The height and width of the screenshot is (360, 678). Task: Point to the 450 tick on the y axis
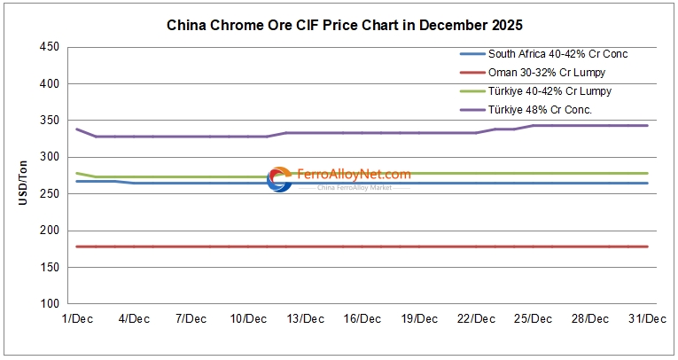pos(50,47)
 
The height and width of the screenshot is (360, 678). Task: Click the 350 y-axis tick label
pos(50,121)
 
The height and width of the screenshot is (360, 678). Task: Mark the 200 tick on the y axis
pos(50,231)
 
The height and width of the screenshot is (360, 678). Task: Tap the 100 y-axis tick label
pos(50,304)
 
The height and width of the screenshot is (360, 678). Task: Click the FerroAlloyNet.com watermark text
pos(354,175)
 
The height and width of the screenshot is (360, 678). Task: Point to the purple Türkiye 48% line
pos(399,133)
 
